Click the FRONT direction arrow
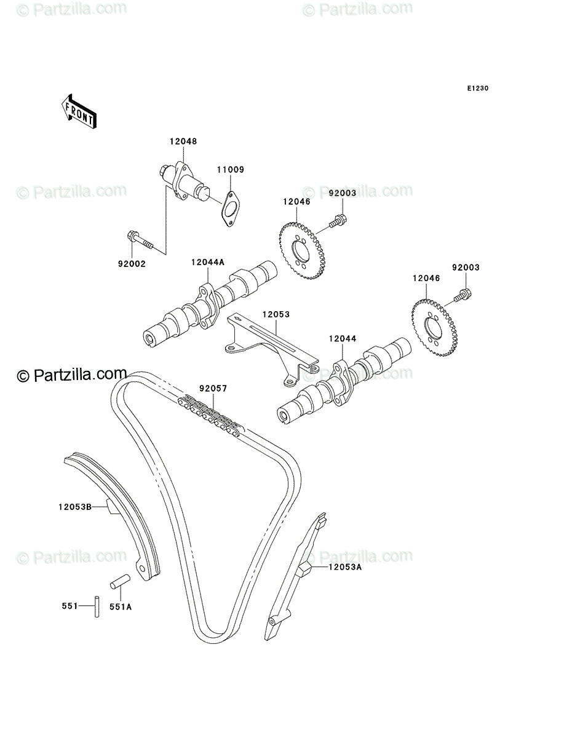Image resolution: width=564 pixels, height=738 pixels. point(79,111)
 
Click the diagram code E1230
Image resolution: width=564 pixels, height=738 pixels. point(477,88)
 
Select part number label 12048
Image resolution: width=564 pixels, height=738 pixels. point(183,141)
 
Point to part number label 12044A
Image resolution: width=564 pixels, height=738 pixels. point(208,262)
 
